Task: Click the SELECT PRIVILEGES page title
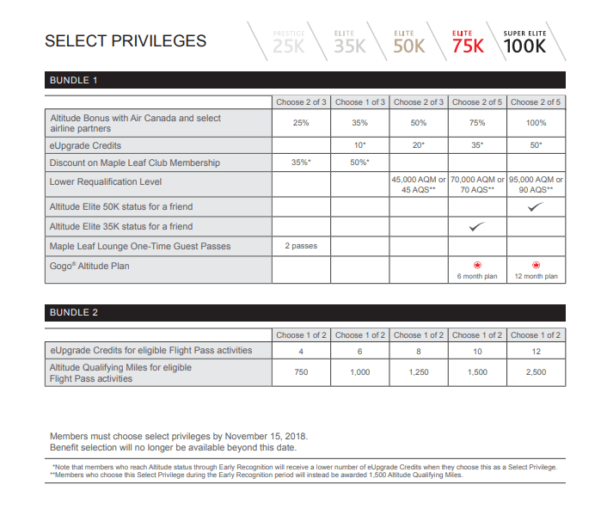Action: click(125, 40)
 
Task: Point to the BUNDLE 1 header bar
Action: click(304, 80)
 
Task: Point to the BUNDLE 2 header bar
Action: click(304, 313)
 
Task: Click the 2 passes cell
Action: click(301, 246)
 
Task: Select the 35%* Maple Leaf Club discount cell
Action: click(301, 163)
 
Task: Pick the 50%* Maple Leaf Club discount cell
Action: click(359, 163)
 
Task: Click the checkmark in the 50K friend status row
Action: click(535, 206)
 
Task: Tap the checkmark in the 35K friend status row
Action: click(476, 226)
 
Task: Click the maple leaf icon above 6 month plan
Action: click(476, 266)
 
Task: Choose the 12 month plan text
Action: click(536, 277)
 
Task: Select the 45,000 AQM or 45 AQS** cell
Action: click(418, 184)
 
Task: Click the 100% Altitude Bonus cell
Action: click(535, 123)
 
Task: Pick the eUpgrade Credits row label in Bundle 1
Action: click(86, 145)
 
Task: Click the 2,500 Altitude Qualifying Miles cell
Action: click(535, 372)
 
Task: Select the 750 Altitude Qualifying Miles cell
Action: click(301, 372)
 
